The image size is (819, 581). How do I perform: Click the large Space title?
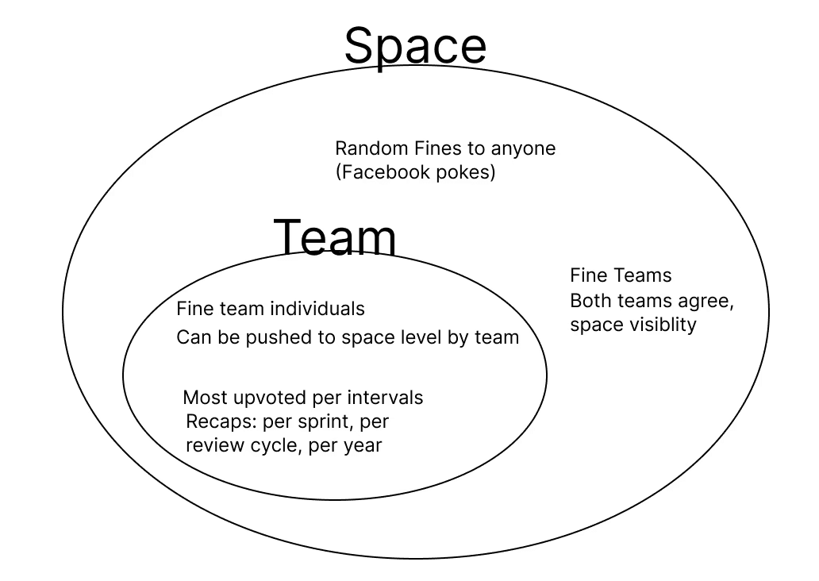[415, 46]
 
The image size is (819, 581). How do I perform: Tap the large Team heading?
[335, 237]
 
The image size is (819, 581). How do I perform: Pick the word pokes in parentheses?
[467, 172]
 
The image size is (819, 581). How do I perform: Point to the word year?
[363, 446]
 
